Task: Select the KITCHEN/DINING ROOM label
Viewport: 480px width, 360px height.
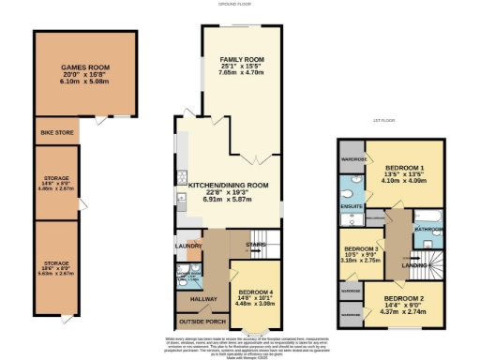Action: pos(230,186)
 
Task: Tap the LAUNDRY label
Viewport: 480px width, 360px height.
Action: pos(188,247)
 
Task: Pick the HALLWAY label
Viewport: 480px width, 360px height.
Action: pos(191,299)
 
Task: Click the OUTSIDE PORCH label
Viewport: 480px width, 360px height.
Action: pos(197,322)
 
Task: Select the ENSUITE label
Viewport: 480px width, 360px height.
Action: pos(352,203)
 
